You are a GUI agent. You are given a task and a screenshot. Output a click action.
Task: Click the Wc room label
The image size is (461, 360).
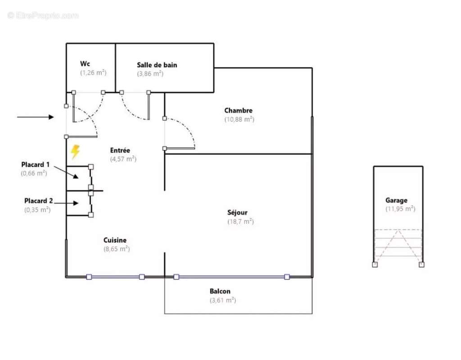click(x=85, y=64)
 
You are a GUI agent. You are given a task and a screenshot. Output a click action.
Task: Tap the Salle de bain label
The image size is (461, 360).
click(x=157, y=65)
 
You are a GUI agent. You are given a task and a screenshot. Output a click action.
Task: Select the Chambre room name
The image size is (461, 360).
click(x=238, y=110)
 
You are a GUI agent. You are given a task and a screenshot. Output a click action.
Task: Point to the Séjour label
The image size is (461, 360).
click(x=237, y=212)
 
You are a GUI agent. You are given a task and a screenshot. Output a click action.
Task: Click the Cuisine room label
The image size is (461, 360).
click(x=115, y=240)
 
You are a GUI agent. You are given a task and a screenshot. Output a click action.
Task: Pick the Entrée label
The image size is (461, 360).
click(x=120, y=150)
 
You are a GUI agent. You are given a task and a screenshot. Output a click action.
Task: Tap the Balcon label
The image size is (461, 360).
click(x=220, y=292)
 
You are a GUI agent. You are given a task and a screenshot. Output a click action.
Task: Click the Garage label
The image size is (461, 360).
click(x=396, y=200)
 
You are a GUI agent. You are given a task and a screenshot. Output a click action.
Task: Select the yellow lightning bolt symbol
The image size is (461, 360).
click(x=75, y=152)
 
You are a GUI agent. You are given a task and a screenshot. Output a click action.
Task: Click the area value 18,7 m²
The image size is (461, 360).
click(x=240, y=221)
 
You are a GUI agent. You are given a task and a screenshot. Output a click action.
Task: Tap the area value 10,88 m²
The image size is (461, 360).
click(x=239, y=119)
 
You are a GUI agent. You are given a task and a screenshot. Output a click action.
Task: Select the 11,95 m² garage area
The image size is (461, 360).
click(x=400, y=209)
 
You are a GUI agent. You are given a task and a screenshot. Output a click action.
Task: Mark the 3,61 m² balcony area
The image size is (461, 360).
click(x=222, y=300)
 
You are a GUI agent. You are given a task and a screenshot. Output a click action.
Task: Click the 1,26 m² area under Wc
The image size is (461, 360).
click(x=93, y=72)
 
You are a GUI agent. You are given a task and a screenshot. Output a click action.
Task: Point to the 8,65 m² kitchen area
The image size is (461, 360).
click(x=117, y=248)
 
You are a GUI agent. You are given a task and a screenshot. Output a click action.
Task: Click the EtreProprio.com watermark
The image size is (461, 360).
click(x=43, y=16)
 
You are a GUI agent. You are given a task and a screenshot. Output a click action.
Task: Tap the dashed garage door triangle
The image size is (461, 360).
click(x=398, y=245)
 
